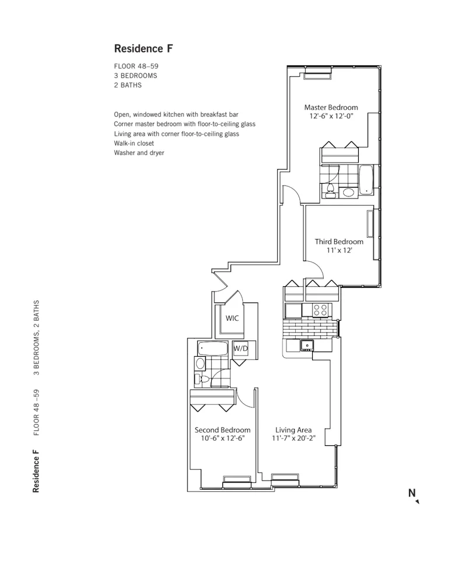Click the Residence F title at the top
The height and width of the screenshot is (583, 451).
tap(143, 48)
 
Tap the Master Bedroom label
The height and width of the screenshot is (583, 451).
tap(331, 107)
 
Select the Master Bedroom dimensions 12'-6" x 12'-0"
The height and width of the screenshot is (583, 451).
tap(331, 117)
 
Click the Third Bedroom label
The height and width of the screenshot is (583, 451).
tap(339, 241)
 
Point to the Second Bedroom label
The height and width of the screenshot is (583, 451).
tap(222, 430)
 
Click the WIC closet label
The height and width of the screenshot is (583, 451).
tap(232, 319)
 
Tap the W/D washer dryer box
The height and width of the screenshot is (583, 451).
tap(240, 349)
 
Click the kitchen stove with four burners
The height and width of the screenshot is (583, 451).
tap(320, 310)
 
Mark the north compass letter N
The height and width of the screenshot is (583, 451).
tap(412, 493)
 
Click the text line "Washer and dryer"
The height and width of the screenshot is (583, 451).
tap(139, 153)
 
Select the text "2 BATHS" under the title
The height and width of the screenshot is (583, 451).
tap(128, 85)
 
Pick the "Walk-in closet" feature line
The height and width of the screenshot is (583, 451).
tap(134, 143)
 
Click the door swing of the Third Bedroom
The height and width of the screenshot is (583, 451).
tap(316, 269)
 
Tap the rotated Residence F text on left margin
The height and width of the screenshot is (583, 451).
tap(36, 470)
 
